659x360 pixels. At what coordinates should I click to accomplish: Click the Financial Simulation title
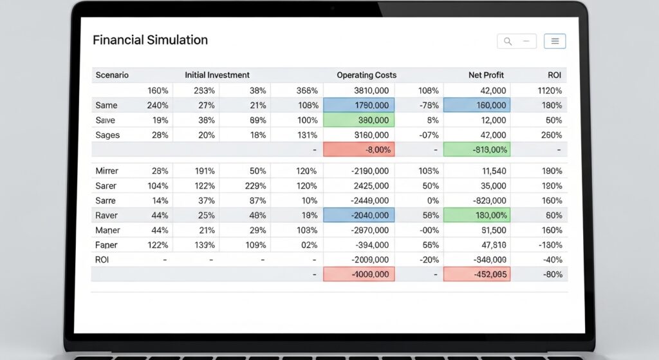coord(150,40)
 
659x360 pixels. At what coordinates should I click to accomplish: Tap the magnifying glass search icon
coord(508,41)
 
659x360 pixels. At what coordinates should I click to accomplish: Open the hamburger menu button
coord(555,41)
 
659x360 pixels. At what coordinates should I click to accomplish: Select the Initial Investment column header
coord(217,75)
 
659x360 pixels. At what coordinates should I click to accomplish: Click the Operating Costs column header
coord(366,75)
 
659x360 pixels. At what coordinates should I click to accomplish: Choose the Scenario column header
coord(112,75)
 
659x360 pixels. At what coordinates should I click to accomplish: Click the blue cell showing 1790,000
coord(358,106)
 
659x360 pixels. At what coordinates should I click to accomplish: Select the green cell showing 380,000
coord(358,120)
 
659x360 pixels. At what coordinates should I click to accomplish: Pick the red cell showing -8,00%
coord(358,150)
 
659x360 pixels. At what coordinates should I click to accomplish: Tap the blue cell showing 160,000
coord(476,106)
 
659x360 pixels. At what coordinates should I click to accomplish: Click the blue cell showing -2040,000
coord(358,216)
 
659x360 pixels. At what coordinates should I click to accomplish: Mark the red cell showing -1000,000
coord(358,274)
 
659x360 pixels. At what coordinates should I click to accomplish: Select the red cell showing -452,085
coord(476,274)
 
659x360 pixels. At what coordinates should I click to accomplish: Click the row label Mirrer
coord(107,171)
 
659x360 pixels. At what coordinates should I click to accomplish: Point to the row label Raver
coord(107,216)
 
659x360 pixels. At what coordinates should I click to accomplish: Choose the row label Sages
coord(107,135)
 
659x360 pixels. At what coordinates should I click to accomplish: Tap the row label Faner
coord(106,245)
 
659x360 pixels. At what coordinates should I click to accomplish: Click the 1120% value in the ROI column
coord(550,91)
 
